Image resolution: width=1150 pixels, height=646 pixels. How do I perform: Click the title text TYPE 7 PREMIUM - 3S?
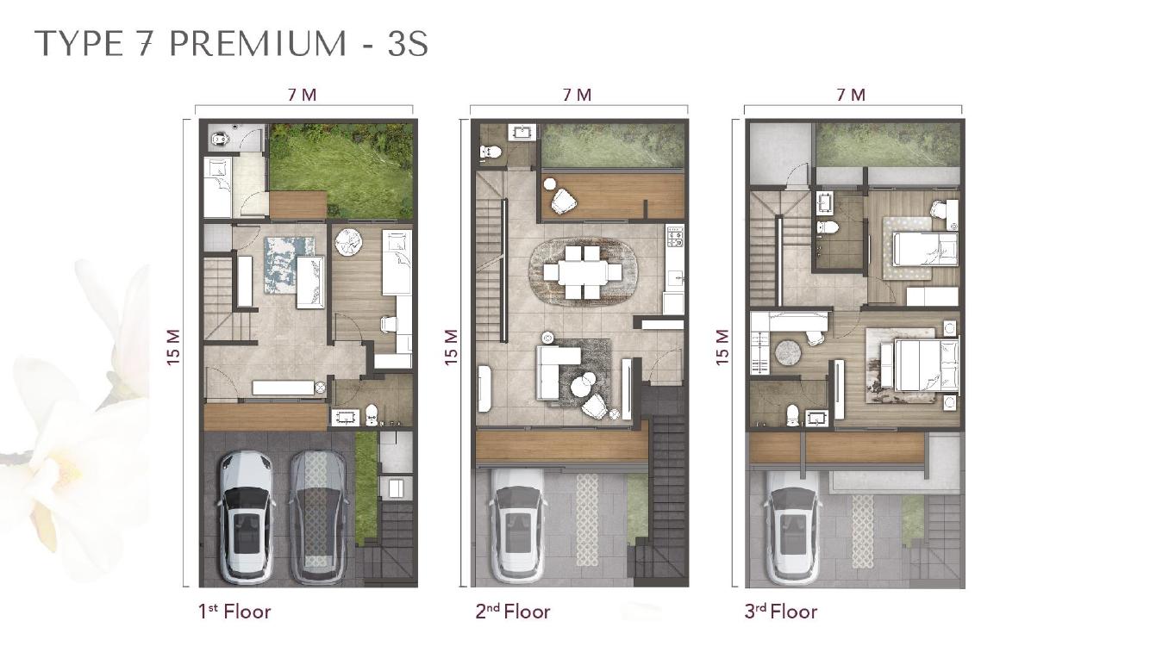click(x=232, y=44)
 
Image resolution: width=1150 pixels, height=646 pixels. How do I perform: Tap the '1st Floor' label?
click(x=234, y=612)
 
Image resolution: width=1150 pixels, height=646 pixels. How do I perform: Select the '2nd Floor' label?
click(x=512, y=612)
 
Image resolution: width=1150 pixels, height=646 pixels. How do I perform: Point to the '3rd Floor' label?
click(x=781, y=612)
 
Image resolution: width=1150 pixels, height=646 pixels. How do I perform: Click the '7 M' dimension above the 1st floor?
click(x=302, y=95)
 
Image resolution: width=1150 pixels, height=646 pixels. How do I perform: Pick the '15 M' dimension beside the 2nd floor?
click(x=451, y=347)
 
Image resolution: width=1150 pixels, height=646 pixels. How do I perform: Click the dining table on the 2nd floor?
click(x=582, y=272)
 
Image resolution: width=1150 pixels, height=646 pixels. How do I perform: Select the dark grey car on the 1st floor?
click(x=316, y=519)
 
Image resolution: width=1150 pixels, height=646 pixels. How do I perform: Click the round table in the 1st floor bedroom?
click(x=350, y=242)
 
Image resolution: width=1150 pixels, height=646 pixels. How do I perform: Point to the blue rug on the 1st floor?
click(x=289, y=265)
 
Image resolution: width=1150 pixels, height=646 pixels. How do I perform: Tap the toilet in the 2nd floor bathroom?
click(x=491, y=152)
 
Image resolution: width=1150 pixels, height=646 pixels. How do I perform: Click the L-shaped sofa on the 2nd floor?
click(x=558, y=371)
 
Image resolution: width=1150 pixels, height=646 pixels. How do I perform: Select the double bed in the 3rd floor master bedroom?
click(x=920, y=365)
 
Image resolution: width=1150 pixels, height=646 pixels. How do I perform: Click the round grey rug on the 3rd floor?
click(x=788, y=353)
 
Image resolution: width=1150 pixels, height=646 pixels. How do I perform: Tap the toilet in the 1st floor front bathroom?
click(x=372, y=416)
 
